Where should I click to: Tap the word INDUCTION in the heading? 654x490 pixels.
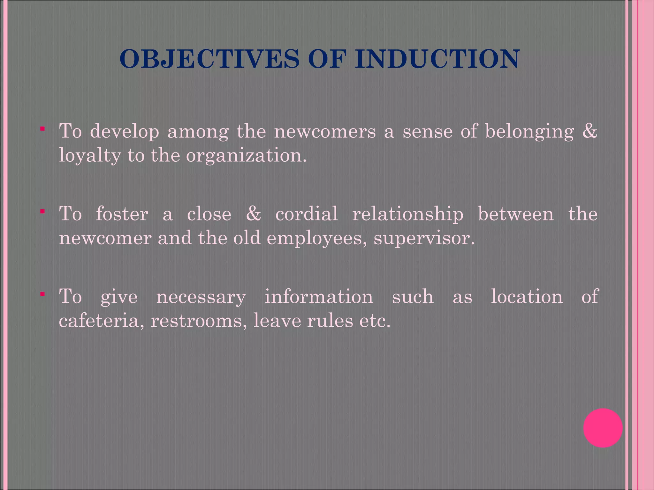click(x=437, y=59)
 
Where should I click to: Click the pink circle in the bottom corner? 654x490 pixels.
click(x=603, y=428)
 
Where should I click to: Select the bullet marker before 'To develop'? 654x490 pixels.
click(x=42, y=129)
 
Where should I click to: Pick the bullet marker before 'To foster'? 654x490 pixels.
click(x=42, y=212)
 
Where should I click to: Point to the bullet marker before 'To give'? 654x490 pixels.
click(x=42, y=294)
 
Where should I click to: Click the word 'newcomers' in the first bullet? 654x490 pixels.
click(x=325, y=131)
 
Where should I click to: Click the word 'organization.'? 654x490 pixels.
click(x=246, y=156)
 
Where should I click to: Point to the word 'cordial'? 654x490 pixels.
click(x=307, y=214)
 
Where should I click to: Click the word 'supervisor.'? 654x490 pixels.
click(x=424, y=239)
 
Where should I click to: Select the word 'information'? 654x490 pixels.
click(x=319, y=297)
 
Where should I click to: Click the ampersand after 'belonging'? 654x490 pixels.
click(x=589, y=131)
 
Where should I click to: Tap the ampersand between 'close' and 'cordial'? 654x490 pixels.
click(x=254, y=214)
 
